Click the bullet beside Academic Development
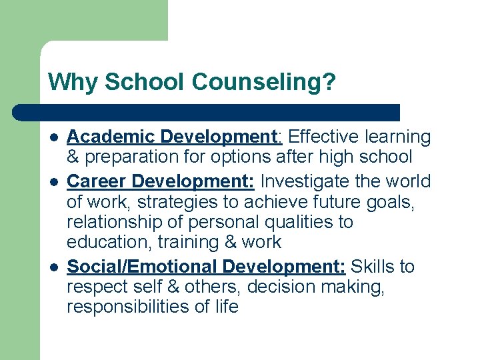pos(53,138)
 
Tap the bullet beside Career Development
pos(53,182)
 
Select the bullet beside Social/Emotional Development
pos(53,267)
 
